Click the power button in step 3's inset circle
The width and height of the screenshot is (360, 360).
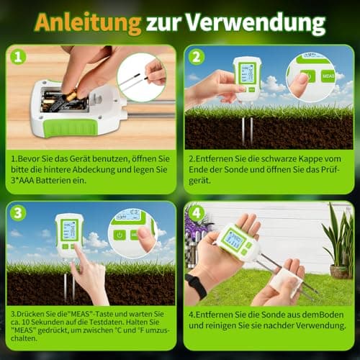(x=120, y=234)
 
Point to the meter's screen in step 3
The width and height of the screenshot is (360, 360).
(x=69, y=230)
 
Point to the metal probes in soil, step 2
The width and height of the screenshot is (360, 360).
(x=247, y=130)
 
